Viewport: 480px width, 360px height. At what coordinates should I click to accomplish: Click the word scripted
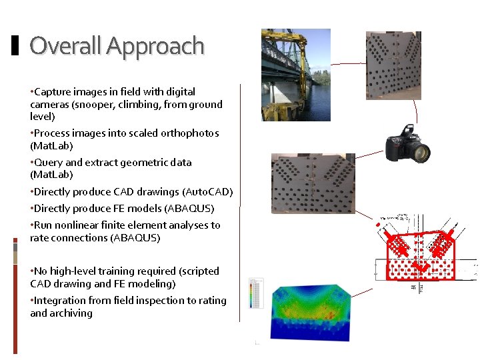(199, 271)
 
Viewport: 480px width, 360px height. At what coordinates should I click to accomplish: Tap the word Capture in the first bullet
(51, 92)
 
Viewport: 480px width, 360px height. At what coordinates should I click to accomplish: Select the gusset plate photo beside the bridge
(393, 65)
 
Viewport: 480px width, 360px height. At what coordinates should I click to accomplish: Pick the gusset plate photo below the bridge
(313, 183)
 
